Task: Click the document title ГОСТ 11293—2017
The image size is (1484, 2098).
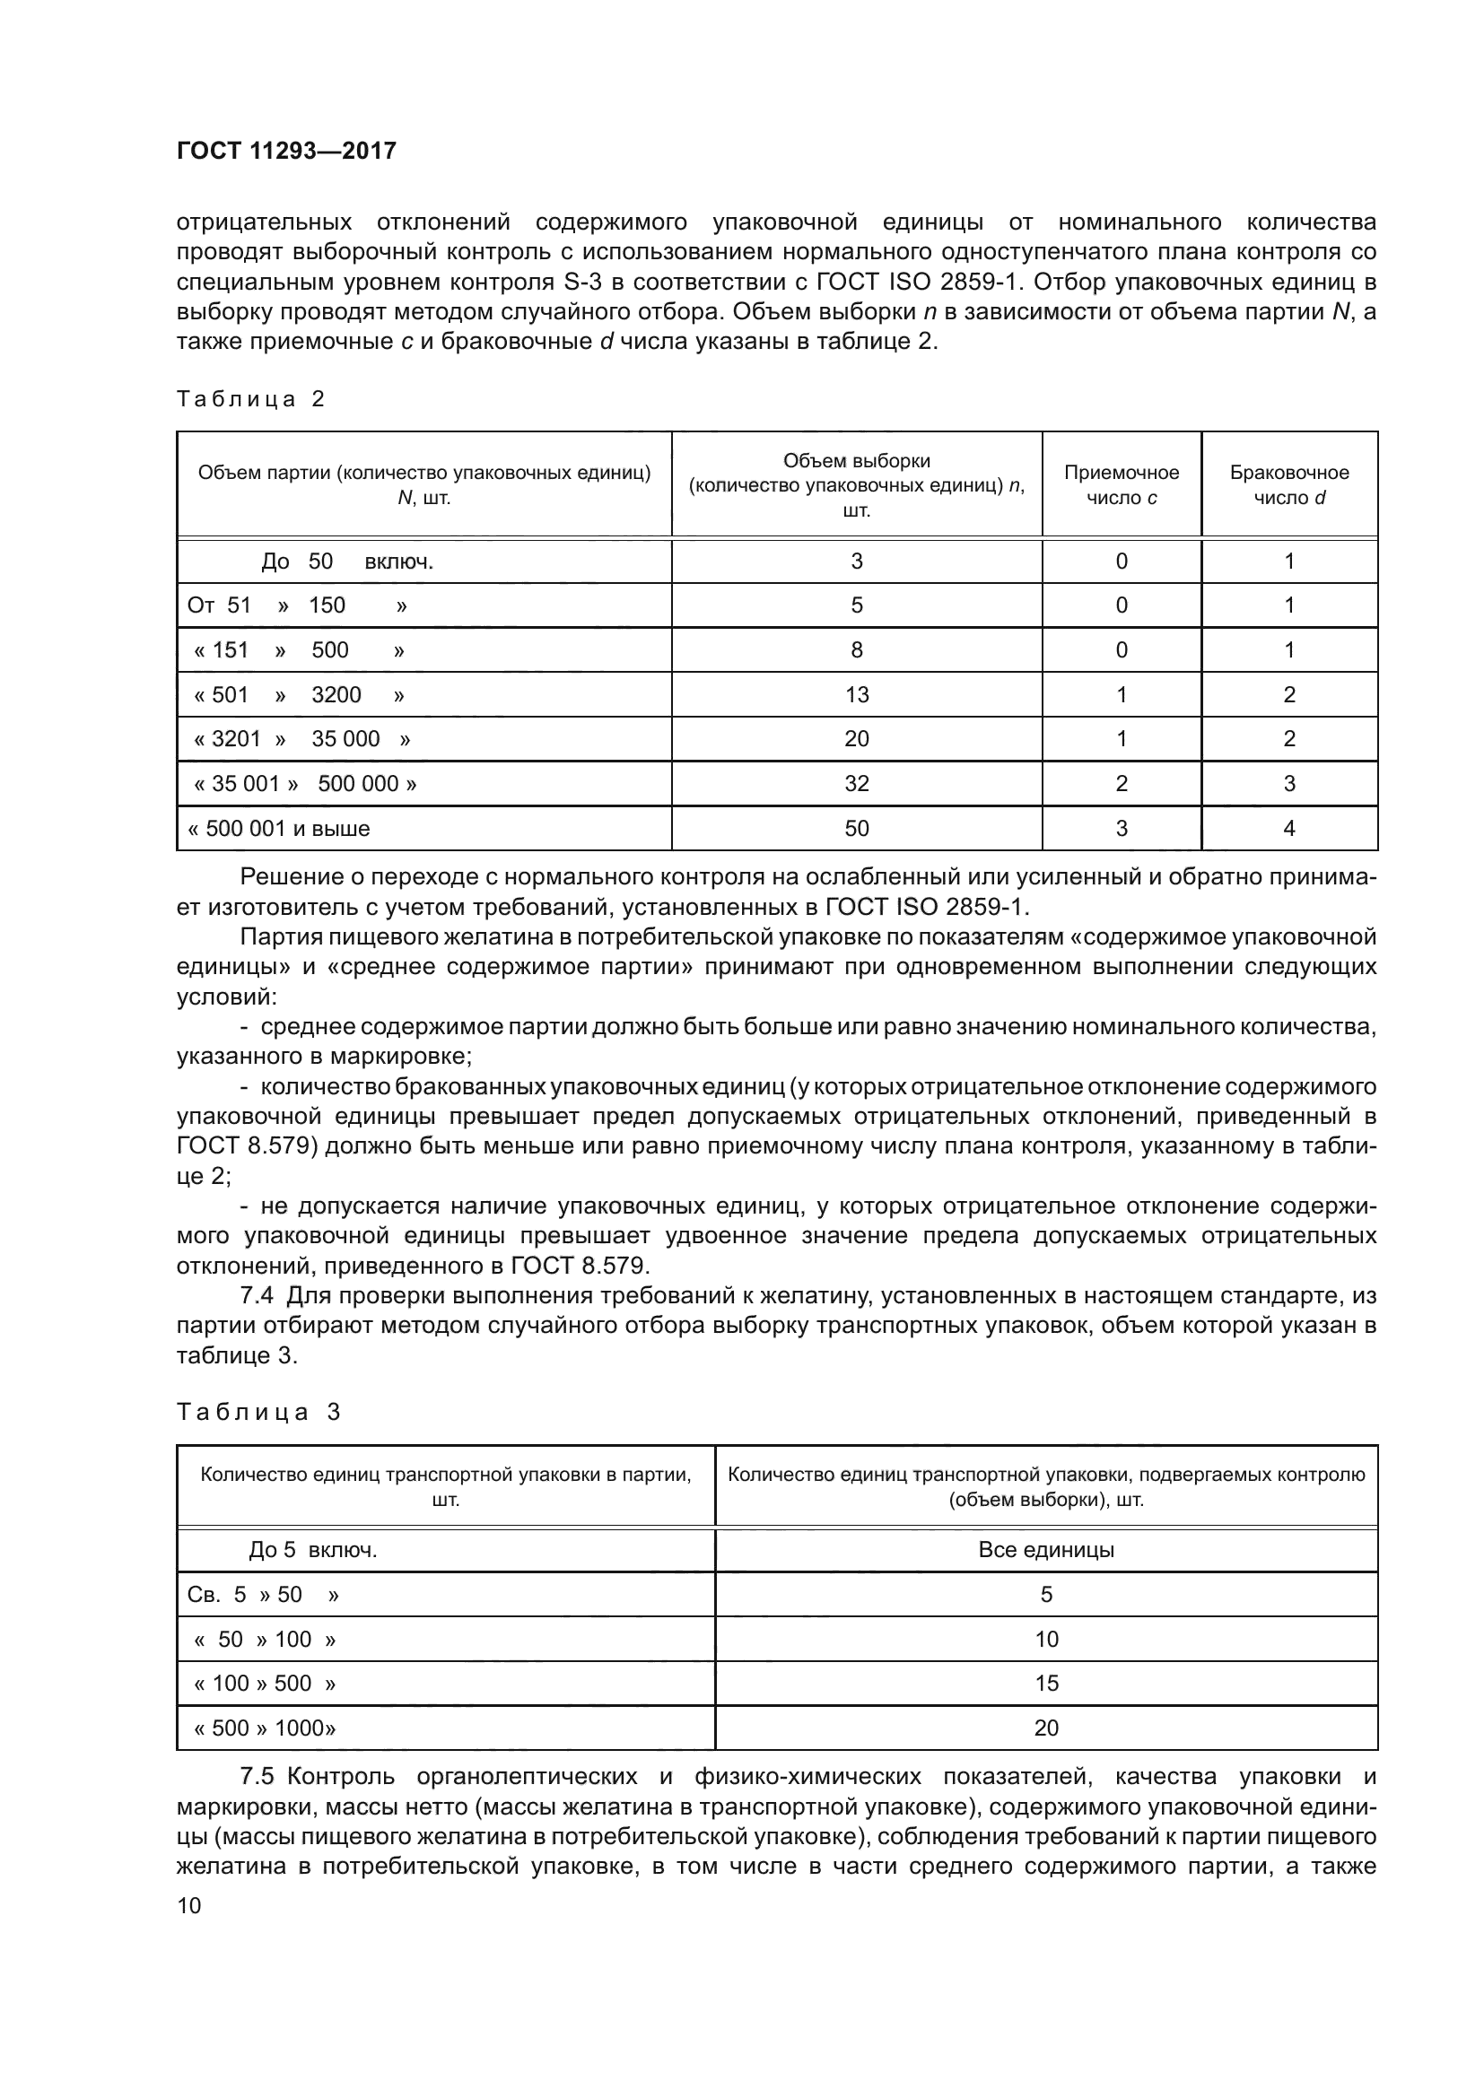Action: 286,151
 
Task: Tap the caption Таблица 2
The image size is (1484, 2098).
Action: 250,399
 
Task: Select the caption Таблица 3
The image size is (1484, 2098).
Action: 258,1413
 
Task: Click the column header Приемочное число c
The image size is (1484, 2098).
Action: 1122,485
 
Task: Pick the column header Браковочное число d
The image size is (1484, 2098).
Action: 1288,485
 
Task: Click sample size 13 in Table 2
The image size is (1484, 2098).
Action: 856,695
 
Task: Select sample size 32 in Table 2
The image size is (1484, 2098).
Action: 856,784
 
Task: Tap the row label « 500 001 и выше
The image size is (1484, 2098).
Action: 279,829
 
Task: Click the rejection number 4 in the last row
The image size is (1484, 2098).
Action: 1288,829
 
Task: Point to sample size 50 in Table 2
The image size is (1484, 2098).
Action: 856,829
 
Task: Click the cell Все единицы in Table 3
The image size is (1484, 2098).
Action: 1045,1550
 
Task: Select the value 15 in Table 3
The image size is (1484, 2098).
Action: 1045,1683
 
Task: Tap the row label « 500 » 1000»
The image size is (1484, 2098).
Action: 265,1728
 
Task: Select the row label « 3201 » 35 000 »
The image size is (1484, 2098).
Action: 301,739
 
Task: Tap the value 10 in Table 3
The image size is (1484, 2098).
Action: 1045,1640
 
